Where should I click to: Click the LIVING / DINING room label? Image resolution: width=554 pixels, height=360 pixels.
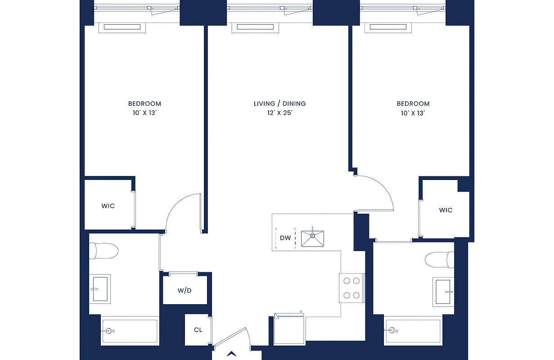point(279,103)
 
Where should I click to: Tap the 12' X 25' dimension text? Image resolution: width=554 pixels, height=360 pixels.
point(279,113)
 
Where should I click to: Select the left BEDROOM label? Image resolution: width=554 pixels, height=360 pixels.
point(144,103)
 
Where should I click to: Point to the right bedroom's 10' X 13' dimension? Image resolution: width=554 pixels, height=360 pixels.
point(413,113)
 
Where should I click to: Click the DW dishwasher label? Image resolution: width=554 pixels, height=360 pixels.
point(285,238)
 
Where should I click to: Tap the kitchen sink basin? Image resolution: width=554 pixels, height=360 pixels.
point(312,238)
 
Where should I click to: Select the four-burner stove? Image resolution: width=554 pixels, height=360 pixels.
point(351,288)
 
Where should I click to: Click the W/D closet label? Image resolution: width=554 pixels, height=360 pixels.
point(185,290)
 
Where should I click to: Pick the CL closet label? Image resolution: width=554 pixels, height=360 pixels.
point(198,330)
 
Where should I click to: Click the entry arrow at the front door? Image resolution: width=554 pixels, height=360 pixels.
point(232,354)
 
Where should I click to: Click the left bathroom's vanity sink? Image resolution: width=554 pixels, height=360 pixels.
point(99,288)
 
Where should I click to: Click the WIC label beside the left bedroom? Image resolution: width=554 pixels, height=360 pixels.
point(108,206)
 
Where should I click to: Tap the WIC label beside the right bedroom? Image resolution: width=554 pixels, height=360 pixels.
point(446,210)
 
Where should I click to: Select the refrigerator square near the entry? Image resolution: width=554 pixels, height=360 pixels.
point(289,328)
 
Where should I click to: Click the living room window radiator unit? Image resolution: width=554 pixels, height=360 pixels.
point(256,27)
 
